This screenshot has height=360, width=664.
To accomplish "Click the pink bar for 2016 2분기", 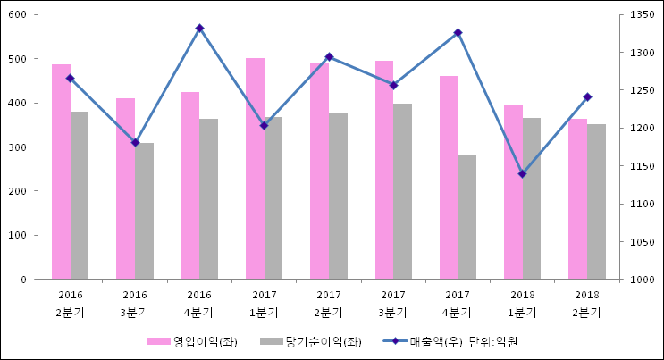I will [61, 172].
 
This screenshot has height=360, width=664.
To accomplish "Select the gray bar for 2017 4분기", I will [467, 217].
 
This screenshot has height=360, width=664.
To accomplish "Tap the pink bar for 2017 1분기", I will [255, 169].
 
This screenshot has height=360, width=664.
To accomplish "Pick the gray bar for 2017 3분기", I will [402, 191].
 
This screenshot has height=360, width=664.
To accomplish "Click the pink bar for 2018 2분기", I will [577, 199].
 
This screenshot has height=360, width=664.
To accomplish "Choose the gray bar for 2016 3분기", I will [144, 211].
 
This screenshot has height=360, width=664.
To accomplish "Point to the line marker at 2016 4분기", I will [199, 29].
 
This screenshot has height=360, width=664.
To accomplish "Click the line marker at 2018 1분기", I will [522, 173].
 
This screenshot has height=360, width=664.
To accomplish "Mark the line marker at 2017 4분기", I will [458, 33].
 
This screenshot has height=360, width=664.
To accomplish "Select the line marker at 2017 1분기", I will [264, 125].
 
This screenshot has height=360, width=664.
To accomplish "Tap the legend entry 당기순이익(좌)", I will [312, 341].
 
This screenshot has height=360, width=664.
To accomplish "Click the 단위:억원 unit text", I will [493, 341].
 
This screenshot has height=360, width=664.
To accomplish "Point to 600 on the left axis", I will [18, 15].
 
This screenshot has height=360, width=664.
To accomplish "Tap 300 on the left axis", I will [18, 147].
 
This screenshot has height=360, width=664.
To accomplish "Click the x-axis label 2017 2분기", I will [329, 304].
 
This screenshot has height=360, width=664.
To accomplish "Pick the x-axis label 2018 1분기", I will [522, 304].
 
